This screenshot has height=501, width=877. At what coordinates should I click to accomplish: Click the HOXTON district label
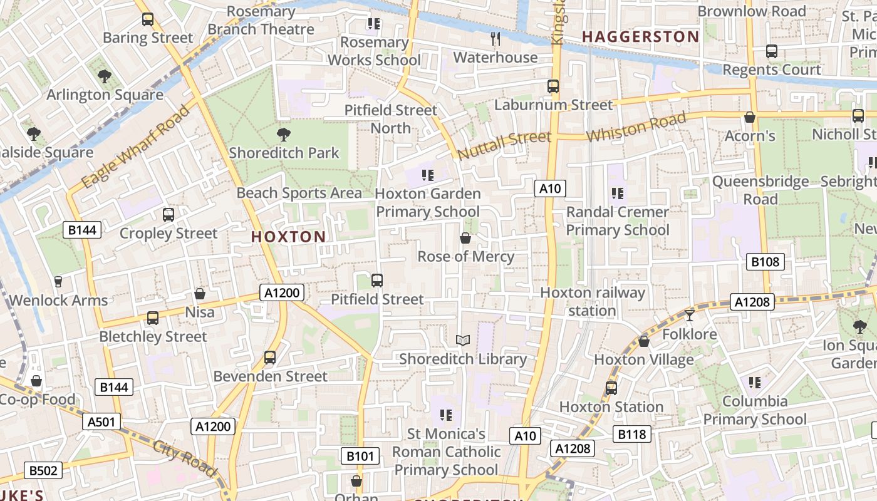click(288, 237)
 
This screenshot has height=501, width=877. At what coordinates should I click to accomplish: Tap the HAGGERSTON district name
click(640, 37)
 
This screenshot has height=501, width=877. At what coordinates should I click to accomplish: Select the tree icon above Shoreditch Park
click(284, 134)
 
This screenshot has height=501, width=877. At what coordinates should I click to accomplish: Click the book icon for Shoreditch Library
click(463, 340)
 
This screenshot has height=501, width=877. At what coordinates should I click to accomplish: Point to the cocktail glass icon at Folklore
click(690, 315)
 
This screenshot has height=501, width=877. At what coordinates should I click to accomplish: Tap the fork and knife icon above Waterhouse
click(496, 39)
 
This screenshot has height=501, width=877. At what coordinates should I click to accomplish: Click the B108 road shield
click(765, 262)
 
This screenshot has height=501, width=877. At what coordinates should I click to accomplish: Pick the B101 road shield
click(360, 456)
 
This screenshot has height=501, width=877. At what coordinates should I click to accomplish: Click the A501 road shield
click(101, 422)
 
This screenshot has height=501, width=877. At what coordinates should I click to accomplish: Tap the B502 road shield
click(43, 470)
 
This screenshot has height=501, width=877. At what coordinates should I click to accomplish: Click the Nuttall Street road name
click(504, 145)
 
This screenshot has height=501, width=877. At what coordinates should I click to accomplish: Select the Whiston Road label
click(636, 127)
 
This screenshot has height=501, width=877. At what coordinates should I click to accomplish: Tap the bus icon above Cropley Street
click(168, 215)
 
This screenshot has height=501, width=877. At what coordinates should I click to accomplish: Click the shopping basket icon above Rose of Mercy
click(465, 238)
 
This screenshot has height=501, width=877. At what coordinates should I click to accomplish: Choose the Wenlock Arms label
click(58, 300)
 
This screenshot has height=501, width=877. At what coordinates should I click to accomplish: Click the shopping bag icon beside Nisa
click(200, 294)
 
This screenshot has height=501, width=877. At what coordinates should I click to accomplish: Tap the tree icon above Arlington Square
click(105, 76)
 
